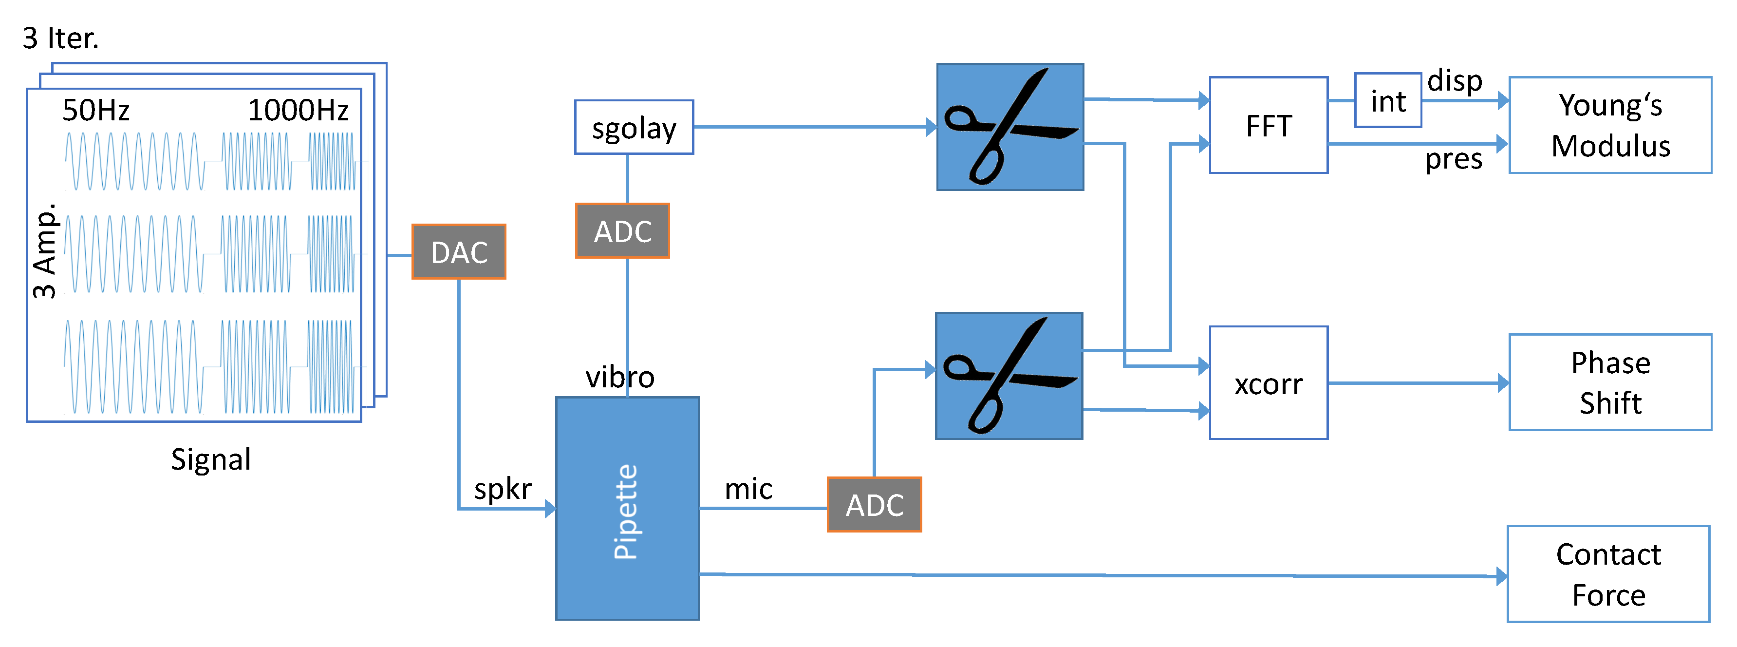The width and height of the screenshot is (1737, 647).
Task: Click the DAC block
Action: [459, 252]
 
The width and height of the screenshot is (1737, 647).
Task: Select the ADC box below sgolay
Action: [622, 231]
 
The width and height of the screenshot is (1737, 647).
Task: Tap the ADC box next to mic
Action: [874, 505]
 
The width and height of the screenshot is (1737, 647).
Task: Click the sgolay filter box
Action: [634, 128]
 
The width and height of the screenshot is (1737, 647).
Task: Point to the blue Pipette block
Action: [626, 508]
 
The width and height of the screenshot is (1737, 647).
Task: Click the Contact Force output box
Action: [1608, 574]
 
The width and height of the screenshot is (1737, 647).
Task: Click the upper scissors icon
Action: [1009, 127]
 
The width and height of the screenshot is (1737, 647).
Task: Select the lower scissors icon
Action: [1009, 376]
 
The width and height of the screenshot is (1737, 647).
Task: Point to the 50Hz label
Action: [96, 110]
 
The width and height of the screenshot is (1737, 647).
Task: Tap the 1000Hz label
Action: [298, 110]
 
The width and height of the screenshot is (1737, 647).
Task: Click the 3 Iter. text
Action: [61, 38]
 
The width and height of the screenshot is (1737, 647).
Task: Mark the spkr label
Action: [503, 489]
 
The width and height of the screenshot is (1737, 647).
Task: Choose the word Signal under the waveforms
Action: [210, 459]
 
